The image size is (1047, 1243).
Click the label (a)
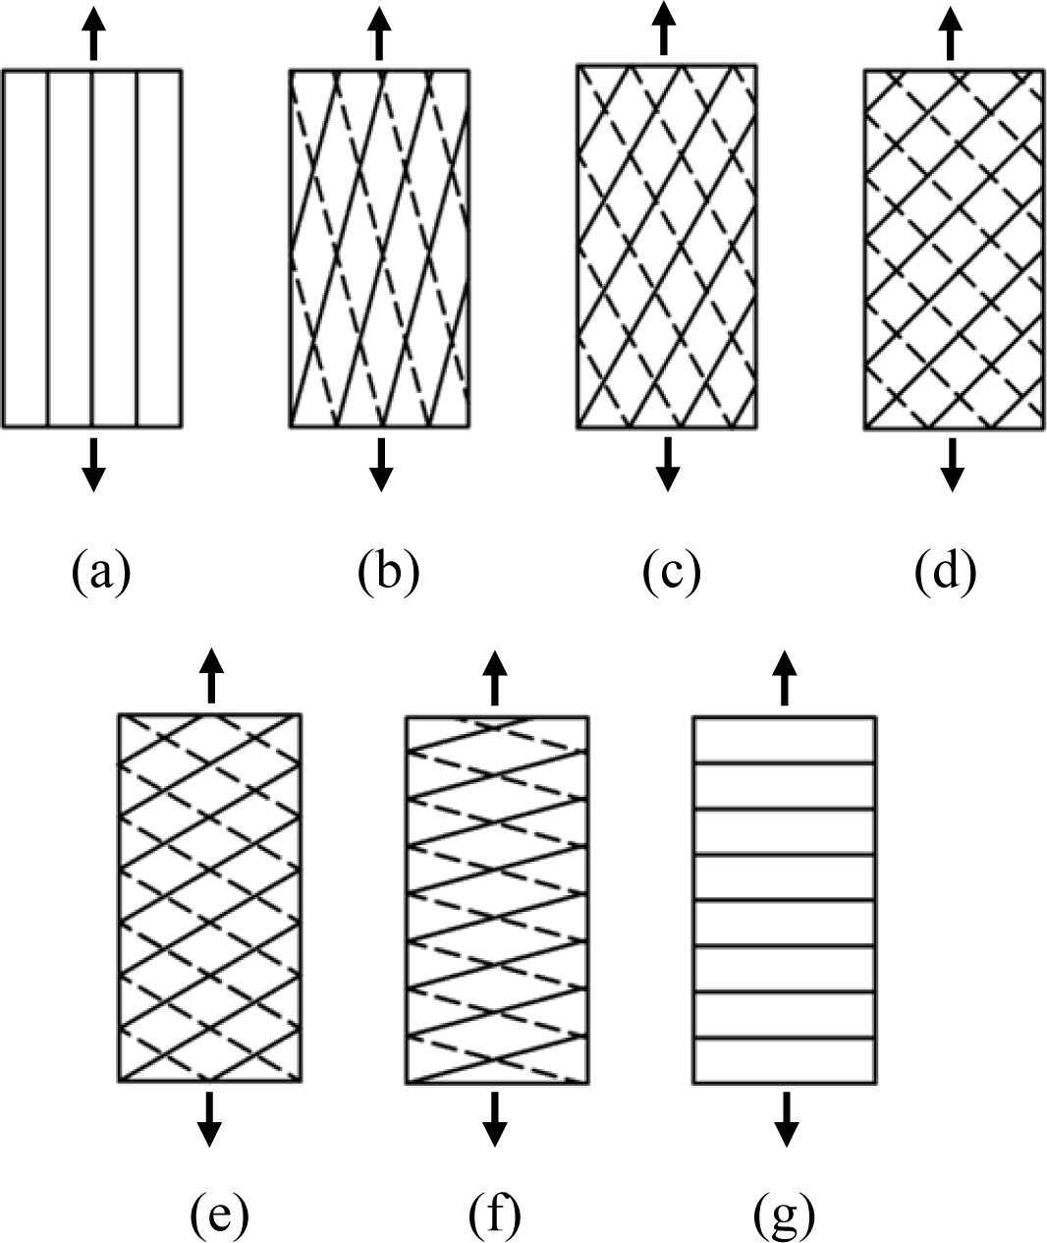[x=100, y=573]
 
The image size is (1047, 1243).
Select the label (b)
[x=388, y=573]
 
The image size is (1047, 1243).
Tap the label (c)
[x=672, y=573]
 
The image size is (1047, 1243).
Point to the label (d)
[x=946, y=573]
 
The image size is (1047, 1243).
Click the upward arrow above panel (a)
[x=92, y=32]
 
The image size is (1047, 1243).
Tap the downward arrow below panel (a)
[x=92, y=464]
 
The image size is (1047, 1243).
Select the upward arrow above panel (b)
[x=380, y=32]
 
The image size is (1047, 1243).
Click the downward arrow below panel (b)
[x=380, y=464]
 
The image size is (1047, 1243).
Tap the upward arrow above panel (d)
[x=949, y=32]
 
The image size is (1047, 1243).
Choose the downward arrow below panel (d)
[x=951, y=464]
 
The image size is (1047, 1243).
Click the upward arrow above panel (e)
[x=210, y=676]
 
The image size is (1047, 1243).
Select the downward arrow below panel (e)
[x=208, y=1118]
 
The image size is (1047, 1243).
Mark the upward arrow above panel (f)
[x=495, y=676]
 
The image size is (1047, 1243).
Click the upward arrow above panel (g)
[x=783, y=676]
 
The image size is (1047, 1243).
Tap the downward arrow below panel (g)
[x=785, y=1118]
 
